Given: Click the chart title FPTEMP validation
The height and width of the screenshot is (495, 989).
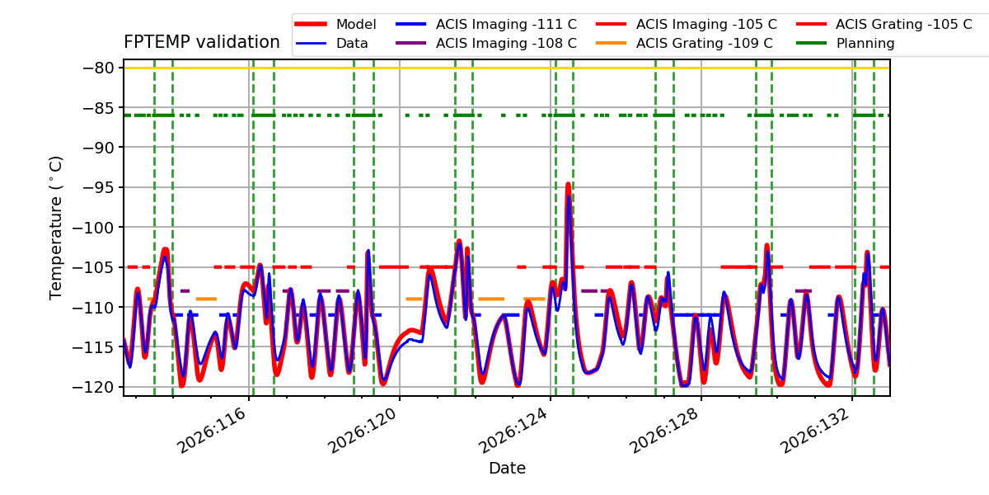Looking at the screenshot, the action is click(202, 42).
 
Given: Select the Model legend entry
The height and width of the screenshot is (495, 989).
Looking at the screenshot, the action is click(335, 24).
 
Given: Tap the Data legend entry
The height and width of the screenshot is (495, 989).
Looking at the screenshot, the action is click(331, 43).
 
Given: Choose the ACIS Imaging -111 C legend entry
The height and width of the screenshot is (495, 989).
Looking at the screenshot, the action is click(486, 24).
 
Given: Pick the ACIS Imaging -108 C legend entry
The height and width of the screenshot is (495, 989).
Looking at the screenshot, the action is click(486, 43).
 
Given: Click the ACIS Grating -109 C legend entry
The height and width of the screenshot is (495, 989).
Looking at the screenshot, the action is click(684, 43).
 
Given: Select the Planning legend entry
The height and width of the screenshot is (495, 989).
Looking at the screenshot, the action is click(846, 43).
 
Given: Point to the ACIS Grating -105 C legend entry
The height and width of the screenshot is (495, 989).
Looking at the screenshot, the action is click(884, 24).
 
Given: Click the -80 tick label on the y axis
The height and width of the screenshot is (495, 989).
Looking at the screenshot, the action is click(98, 68).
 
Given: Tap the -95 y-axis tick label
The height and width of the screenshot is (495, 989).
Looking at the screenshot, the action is click(98, 187).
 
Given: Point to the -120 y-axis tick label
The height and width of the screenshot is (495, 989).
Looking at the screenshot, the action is click(92, 387).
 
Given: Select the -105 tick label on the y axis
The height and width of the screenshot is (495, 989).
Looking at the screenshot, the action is click(92, 267).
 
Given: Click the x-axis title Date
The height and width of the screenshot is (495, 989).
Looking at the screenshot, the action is click(507, 468).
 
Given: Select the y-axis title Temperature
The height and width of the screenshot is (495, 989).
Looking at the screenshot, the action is click(56, 228).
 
